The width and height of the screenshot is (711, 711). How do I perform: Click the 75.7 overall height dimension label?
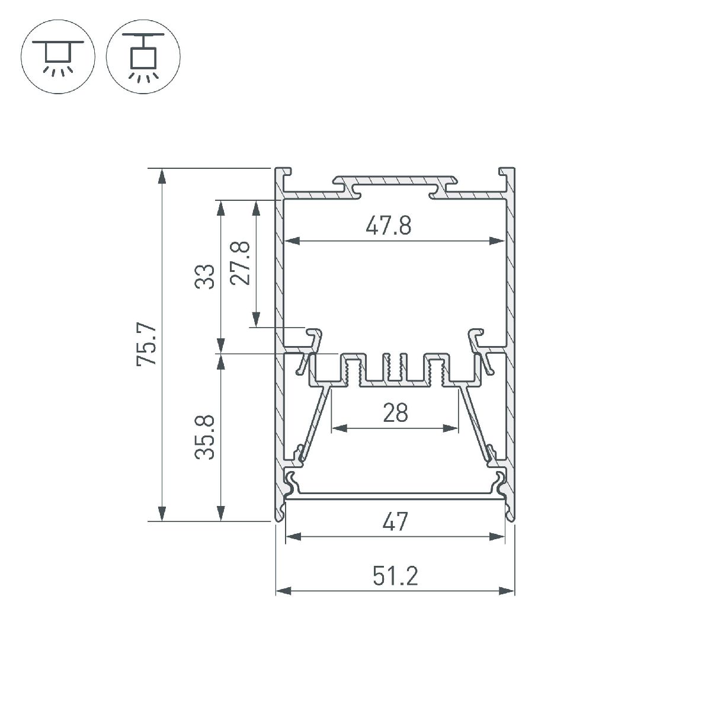click(146, 344)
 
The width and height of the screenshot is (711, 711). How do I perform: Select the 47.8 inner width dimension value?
click(389, 225)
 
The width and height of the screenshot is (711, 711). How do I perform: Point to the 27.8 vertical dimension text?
click(240, 263)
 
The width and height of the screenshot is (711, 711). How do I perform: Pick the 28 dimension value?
click(396, 413)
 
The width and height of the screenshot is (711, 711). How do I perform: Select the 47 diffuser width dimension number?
click(395, 521)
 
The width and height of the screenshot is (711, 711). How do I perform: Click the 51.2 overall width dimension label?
click(395, 577)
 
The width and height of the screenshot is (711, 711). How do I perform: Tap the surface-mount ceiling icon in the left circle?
click(58, 56)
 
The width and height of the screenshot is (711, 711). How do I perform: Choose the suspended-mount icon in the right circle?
click(143, 56)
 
